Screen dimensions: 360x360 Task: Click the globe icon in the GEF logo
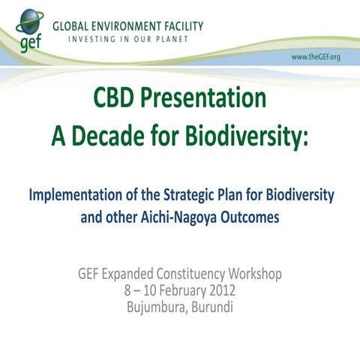click(x=29, y=22)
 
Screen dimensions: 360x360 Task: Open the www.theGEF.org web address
click(x=315, y=58)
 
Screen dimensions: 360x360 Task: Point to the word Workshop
click(x=253, y=274)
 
